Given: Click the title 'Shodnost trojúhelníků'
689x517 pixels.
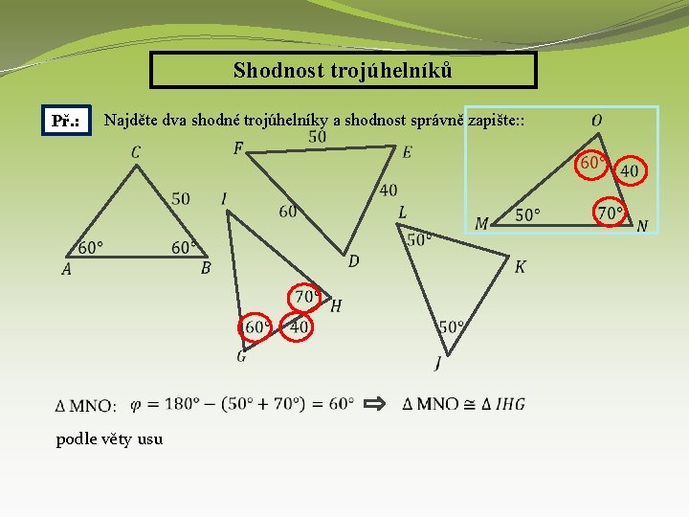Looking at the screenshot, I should coord(344,70).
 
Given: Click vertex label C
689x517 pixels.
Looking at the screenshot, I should coord(136,152).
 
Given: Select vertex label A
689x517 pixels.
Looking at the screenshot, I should coord(66,270).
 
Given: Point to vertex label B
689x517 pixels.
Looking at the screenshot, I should coord(206,269).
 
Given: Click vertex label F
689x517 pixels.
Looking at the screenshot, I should coord(238,147).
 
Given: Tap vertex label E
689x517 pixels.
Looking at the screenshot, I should coord(407,151).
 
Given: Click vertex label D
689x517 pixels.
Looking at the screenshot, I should coord(353,260).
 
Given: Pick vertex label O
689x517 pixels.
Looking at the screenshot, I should coord(596,121).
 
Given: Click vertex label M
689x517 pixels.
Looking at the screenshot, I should coord(481,223).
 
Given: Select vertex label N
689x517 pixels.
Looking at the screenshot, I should coord(642,226).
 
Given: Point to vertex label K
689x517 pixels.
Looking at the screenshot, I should coord(520,266).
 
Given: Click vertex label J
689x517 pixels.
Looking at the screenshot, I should coord(437,363).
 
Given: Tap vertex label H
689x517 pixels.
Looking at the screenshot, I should coord(336,306).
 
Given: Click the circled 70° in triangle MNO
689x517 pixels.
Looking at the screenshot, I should coord(610,212).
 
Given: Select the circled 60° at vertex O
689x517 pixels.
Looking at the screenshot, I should coord(591,164).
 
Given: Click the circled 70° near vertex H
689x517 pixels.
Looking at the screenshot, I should coord(306,297).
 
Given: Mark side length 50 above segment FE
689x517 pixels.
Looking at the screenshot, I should coord(317,137).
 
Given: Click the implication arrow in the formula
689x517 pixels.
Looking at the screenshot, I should coord(376,403).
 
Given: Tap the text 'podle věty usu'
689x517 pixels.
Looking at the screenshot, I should coord(109,439).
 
